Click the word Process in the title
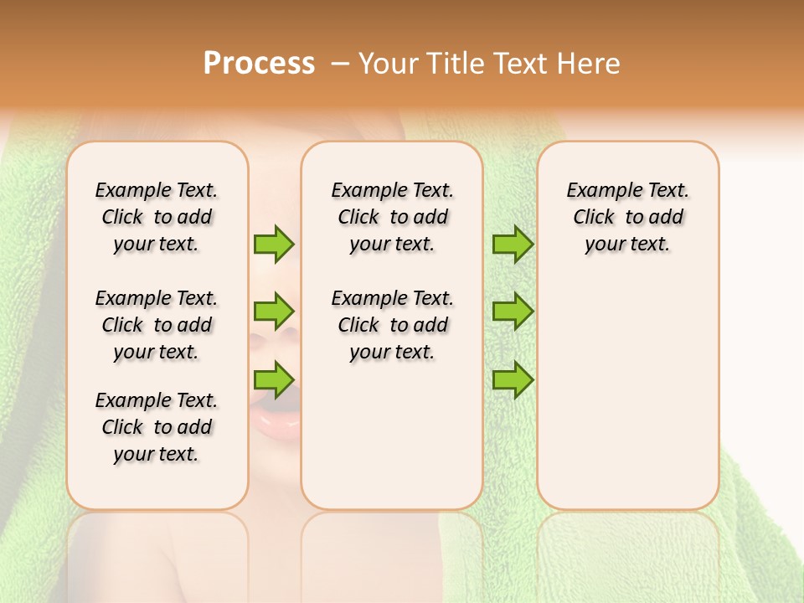[x=259, y=63]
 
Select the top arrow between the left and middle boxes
[x=274, y=244]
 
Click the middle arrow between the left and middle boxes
[x=274, y=312]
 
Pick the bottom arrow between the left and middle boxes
[x=274, y=379]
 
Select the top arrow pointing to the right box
[x=513, y=244]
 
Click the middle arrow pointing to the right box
[x=513, y=312]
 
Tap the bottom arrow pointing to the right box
[x=513, y=379]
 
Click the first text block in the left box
[x=157, y=217]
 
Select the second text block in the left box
[x=157, y=325]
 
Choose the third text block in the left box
[x=157, y=427]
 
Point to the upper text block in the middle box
[x=393, y=217]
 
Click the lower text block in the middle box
[x=393, y=325]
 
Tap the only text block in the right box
[x=628, y=217]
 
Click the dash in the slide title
[x=340, y=64]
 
